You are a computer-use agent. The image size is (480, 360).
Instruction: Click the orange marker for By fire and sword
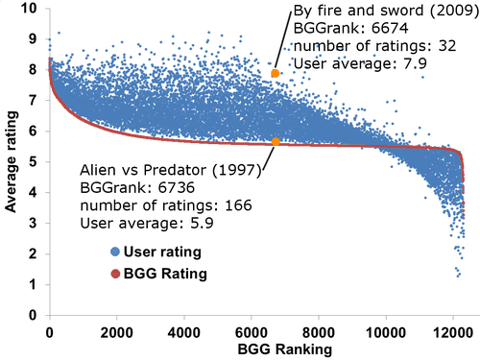275,74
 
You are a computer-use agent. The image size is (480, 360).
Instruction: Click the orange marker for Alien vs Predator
276,141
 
